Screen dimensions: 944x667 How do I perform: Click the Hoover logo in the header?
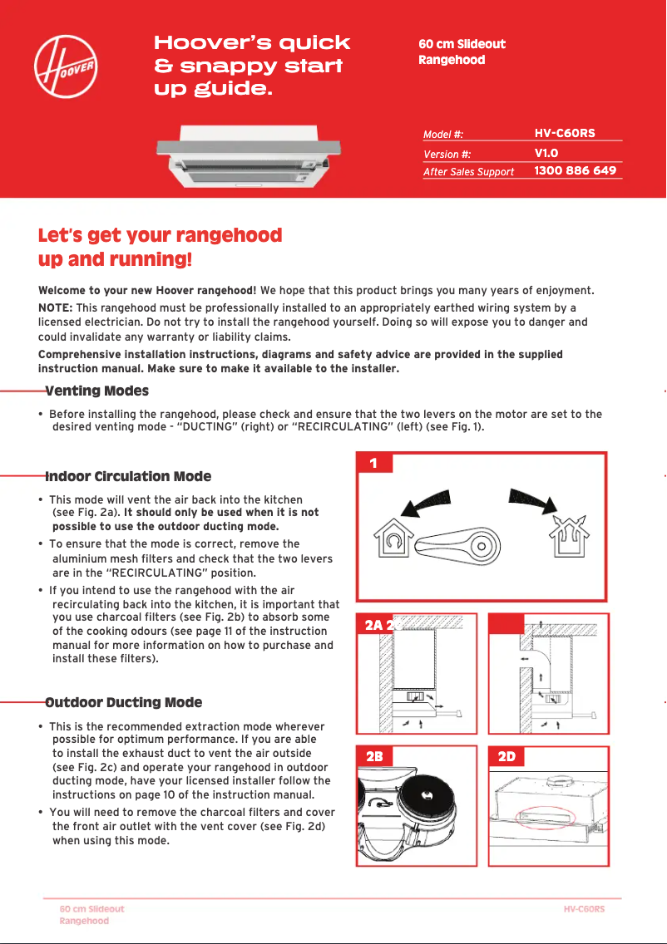click(67, 66)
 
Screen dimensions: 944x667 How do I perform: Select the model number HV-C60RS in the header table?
click(564, 133)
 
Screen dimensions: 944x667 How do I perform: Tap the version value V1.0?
click(546, 153)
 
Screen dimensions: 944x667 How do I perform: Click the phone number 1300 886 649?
click(575, 170)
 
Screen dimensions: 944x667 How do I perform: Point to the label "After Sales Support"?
click(468, 172)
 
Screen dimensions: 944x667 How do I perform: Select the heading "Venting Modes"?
click(97, 391)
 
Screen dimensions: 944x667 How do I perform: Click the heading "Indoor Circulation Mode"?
click(128, 477)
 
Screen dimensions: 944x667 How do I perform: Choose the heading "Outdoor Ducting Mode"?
click(124, 703)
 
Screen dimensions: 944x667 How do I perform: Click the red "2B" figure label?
click(375, 757)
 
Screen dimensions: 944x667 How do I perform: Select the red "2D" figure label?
click(506, 757)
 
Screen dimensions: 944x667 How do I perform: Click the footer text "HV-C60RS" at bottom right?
click(584, 909)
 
